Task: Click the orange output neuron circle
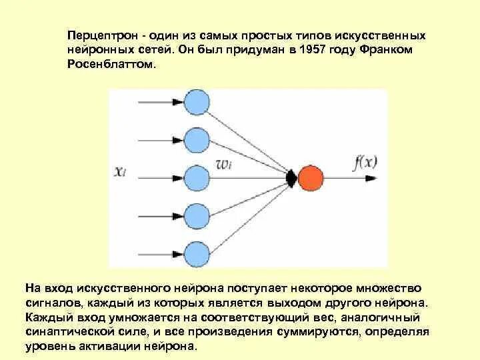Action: click(x=311, y=178)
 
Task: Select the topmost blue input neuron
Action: click(x=196, y=103)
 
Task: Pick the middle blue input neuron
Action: click(x=196, y=178)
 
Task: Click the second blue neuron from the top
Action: click(x=196, y=141)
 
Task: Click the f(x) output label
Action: click(x=365, y=162)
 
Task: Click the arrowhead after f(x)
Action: click(x=377, y=179)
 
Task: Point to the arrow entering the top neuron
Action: click(x=177, y=103)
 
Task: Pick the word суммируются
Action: click(x=317, y=331)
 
